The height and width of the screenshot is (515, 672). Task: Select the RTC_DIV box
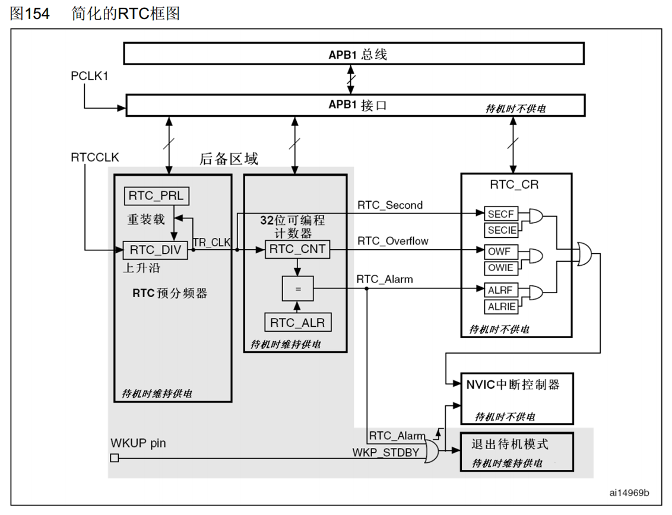click(155, 250)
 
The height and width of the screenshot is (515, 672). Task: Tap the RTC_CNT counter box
click(297, 249)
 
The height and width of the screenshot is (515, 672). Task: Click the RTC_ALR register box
click(297, 323)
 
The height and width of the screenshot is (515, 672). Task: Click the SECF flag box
click(501, 214)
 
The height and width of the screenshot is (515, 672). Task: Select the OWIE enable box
click(501, 268)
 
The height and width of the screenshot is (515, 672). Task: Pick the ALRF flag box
click(501, 291)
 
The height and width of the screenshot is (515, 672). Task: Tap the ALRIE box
click(501, 307)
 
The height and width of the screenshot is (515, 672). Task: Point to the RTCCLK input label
click(95, 157)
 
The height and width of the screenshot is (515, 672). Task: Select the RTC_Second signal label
click(390, 205)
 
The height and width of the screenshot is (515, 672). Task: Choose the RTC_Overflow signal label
click(392, 241)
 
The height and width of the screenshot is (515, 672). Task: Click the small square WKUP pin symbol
click(115, 457)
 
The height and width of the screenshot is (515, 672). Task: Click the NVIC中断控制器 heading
click(513, 384)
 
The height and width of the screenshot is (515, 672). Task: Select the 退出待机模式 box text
click(510, 444)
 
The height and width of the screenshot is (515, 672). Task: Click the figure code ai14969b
click(629, 493)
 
